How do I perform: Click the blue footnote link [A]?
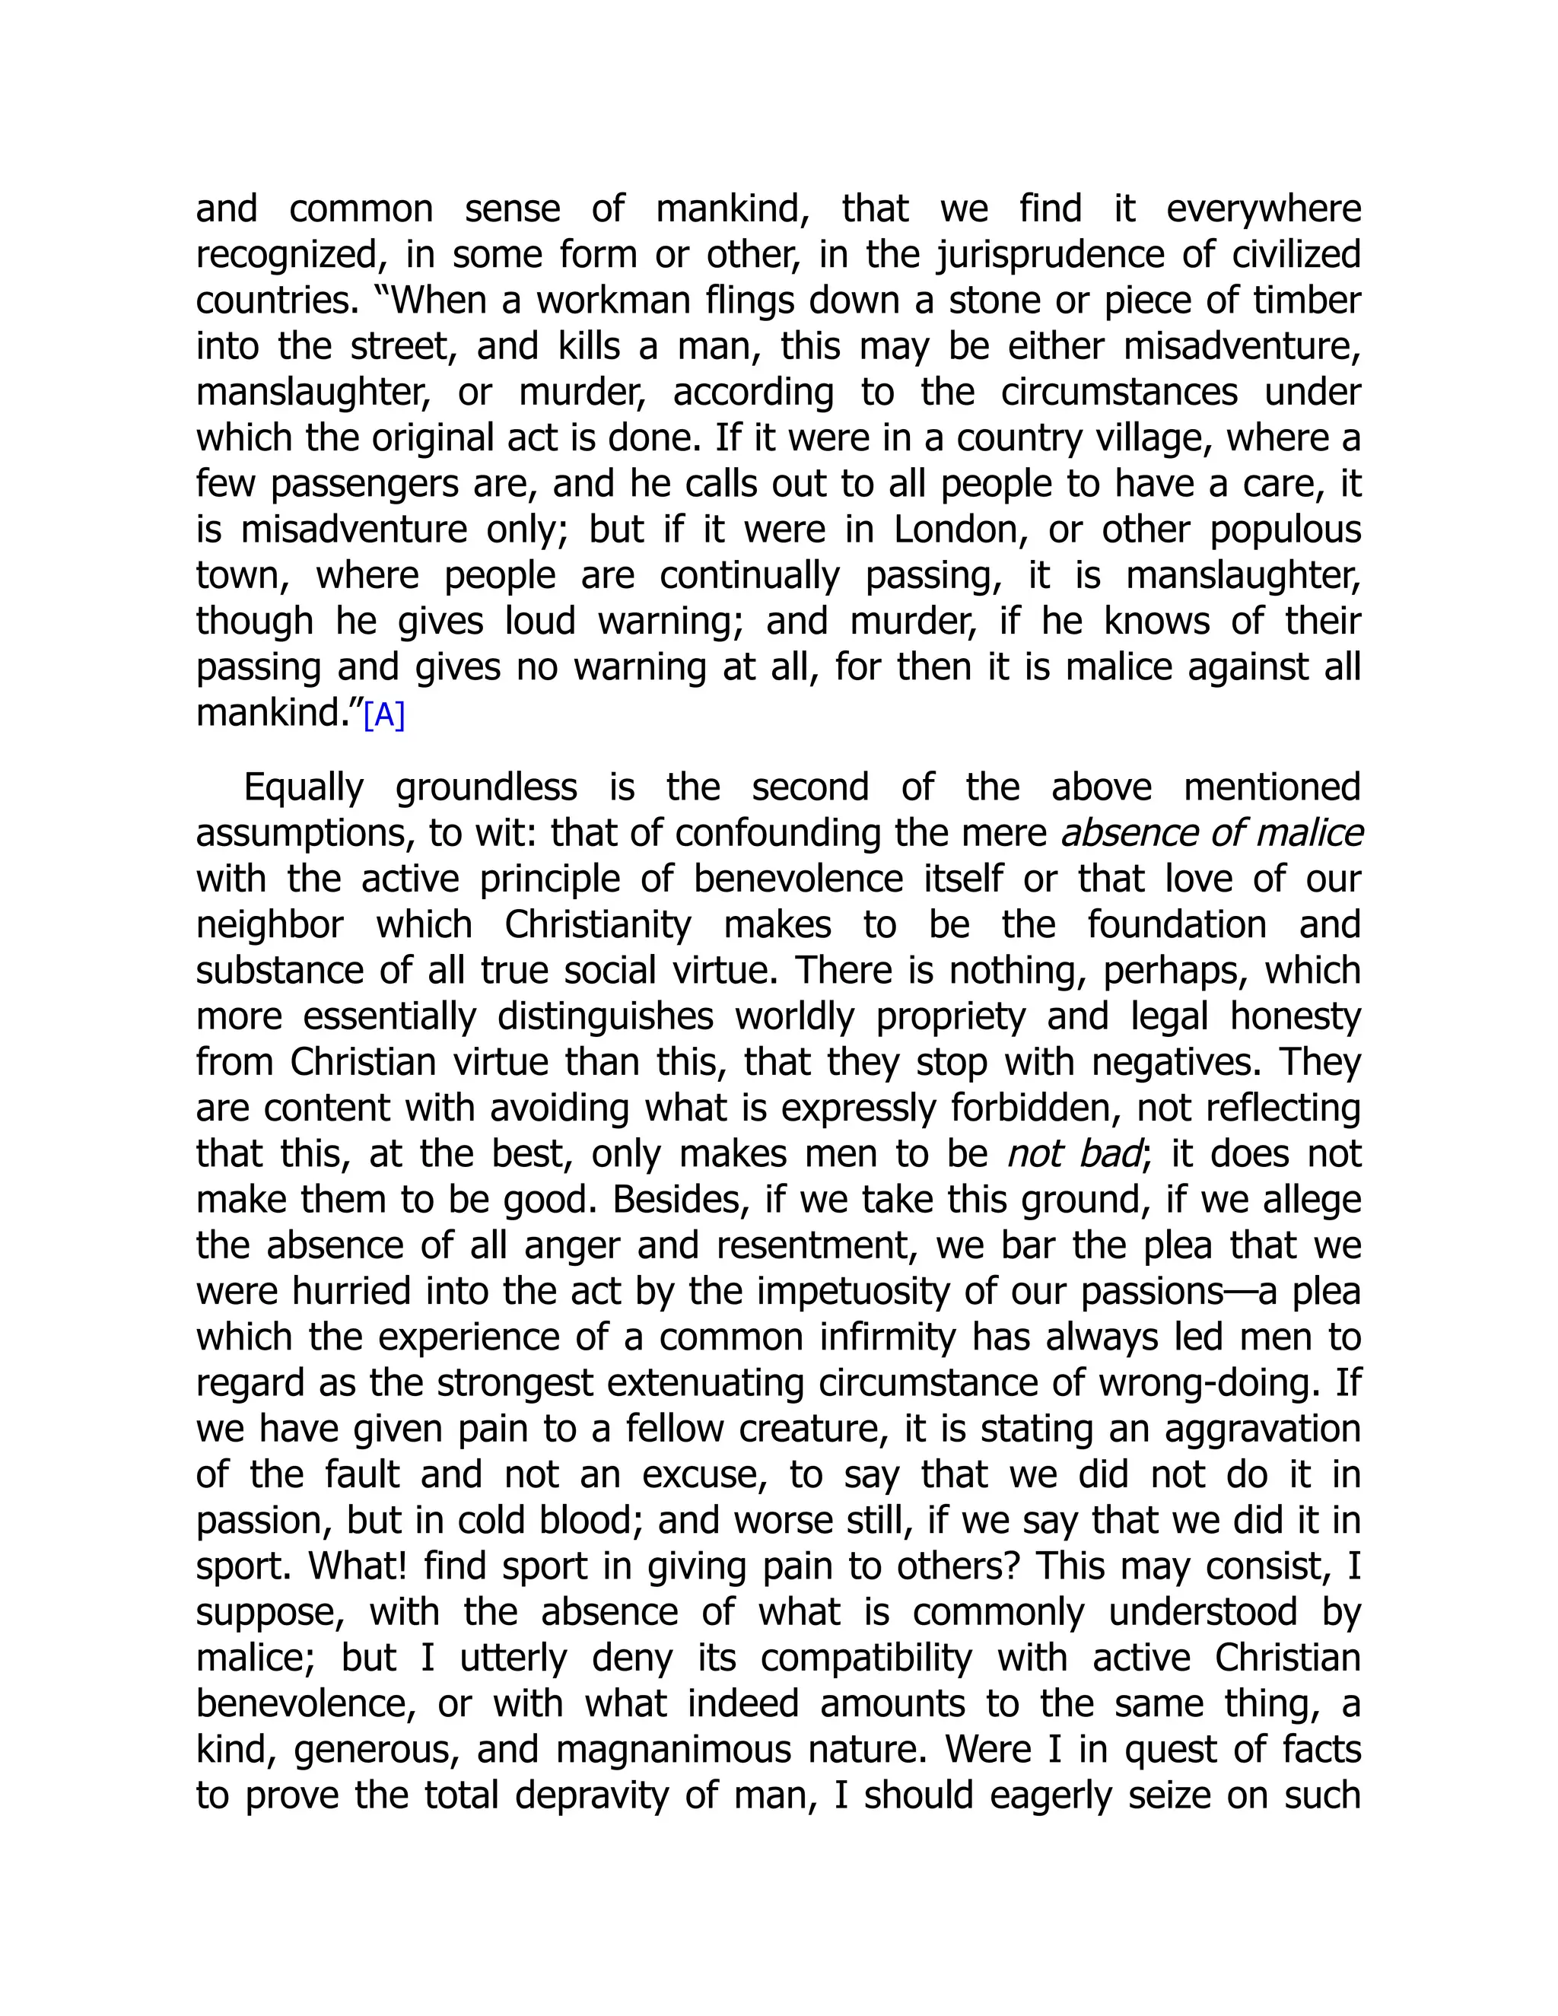pos(384,715)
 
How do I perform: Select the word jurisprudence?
pos(1051,255)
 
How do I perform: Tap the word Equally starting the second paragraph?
pos(304,787)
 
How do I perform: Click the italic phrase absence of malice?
pos(1212,832)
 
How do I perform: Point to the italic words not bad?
pos(1073,1154)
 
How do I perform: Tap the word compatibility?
pos(866,1658)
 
